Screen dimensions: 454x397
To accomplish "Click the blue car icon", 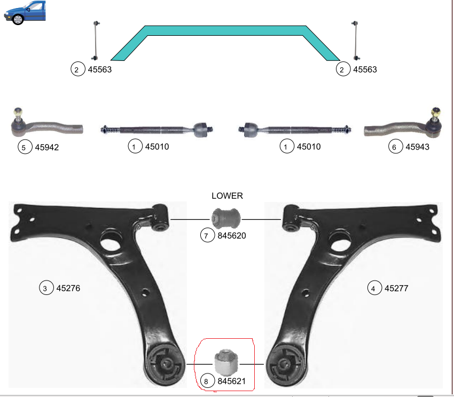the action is [x=25, y=12].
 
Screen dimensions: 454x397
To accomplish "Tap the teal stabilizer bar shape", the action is [x=225, y=30].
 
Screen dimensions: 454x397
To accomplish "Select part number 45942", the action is [x=47, y=147].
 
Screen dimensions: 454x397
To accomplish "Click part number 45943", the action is [x=417, y=147].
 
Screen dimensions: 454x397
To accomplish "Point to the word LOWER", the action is [x=228, y=196].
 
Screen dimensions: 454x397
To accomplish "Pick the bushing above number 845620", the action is [x=226, y=219].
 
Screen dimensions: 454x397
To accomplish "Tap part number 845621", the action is [x=231, y=381].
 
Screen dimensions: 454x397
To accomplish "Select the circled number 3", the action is [x=46, y=288].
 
